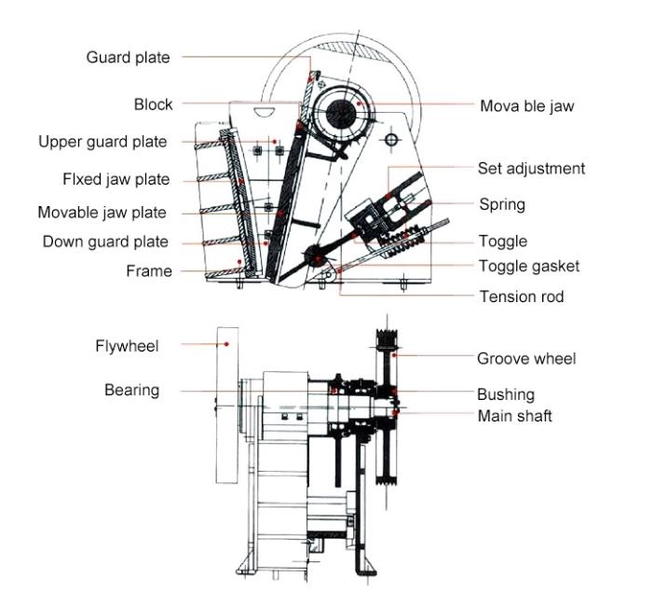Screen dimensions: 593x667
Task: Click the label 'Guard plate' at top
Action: [x=128, y=58]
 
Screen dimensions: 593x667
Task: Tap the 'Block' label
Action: [x=153, y=104]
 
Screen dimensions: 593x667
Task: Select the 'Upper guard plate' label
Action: [x=102, y=142]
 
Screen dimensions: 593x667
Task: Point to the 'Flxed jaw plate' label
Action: [x=116, y=178]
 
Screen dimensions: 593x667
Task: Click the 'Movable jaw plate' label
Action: [x=102, y=213]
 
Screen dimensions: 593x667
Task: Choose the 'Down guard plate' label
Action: [x=105, y=242]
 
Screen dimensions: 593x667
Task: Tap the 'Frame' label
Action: [x=149, y=271]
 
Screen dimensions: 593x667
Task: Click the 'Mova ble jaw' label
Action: [x=526, y=105]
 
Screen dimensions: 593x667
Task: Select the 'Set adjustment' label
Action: [x=531, y=169]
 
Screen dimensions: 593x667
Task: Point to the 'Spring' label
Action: [x=502, y=204]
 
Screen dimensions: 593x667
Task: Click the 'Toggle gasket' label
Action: [x=528, y=266]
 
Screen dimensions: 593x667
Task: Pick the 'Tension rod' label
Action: [x=521, y=296]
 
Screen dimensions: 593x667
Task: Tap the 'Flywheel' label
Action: [x=127, y=346]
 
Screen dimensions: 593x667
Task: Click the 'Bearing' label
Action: [x=131, y=390]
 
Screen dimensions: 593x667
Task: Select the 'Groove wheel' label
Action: [x=526, y=358]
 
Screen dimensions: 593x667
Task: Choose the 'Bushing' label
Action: [x=506, y=394]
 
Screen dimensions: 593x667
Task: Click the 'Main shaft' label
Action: [x=514, y=415]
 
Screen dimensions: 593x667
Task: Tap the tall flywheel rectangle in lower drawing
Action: [x=225, y=405]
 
